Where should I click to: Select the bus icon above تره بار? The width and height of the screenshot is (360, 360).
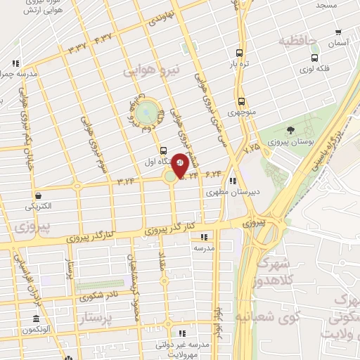pyautogui.click(x=240, y=53)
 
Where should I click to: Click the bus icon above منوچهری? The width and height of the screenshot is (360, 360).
pyautogui.click(x=242, y=101)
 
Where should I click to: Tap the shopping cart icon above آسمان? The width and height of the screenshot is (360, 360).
pyautogui.click(x=339, y=32)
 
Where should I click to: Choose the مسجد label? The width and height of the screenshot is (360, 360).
pyautogui.click(x=326, y=5)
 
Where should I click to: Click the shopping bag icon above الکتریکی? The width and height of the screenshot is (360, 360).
pyautogui.click(x=38, y=196)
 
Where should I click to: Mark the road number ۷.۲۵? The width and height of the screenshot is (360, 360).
pyautogui.click(x=251, y=148)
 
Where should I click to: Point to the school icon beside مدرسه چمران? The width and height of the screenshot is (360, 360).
pyautogui.click(x=13, y=73)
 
